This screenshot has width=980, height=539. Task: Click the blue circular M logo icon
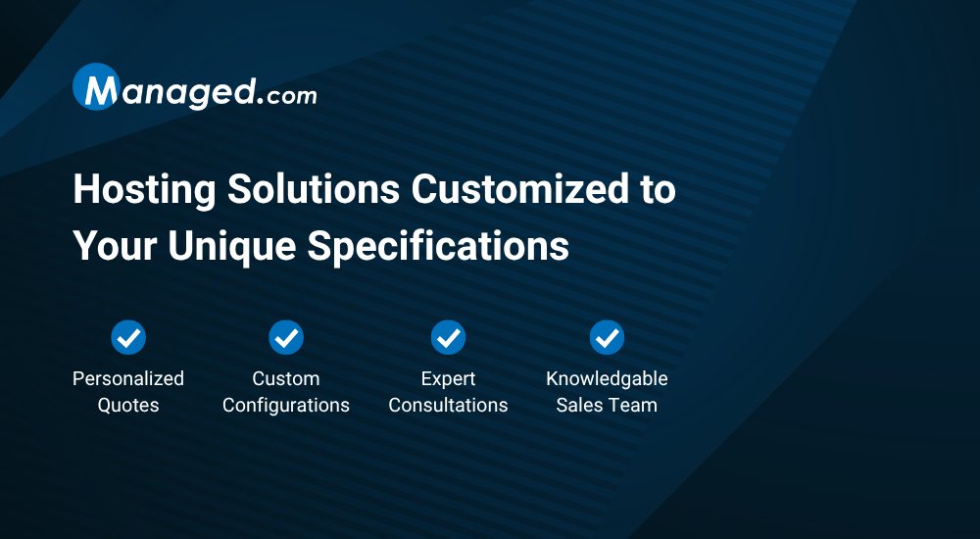[x=96, y=88]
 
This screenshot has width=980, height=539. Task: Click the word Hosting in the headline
[x=143, y=189]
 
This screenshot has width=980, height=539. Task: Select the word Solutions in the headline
[x=312, y=189]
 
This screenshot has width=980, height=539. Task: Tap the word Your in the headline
[x=114, y=246]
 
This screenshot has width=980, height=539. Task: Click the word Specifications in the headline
[x=438, y=246]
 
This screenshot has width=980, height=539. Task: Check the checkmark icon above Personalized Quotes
[x=128, y=338]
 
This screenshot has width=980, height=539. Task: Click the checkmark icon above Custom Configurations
[x=286, y=338]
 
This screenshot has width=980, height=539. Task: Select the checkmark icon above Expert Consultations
[x=448, y=338]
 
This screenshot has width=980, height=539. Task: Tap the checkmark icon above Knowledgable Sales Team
[x=607, y=338]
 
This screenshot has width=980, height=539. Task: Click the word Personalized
[x=128, y=378]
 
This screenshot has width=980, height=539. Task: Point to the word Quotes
[x=128, y=405]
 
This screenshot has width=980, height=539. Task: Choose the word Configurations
[x=286, y=405]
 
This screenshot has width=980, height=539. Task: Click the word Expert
[x=448, y=378]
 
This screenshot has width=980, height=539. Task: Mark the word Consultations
[x=448, y=405]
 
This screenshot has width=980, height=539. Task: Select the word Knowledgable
[x=607, y=378]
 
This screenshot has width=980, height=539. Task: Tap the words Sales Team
[x=607, y=405]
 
